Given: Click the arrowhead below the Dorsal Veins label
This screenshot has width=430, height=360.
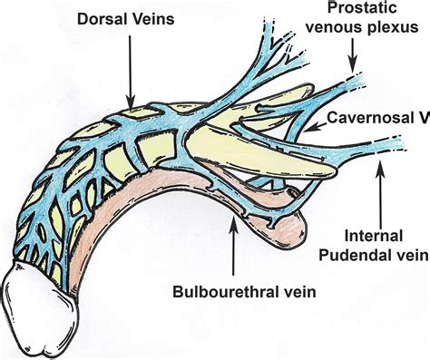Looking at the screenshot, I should pyautogui.click(x=131, y=101).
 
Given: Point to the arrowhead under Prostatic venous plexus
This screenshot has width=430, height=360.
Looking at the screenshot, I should pyautogui.click(x=353, y=68).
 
